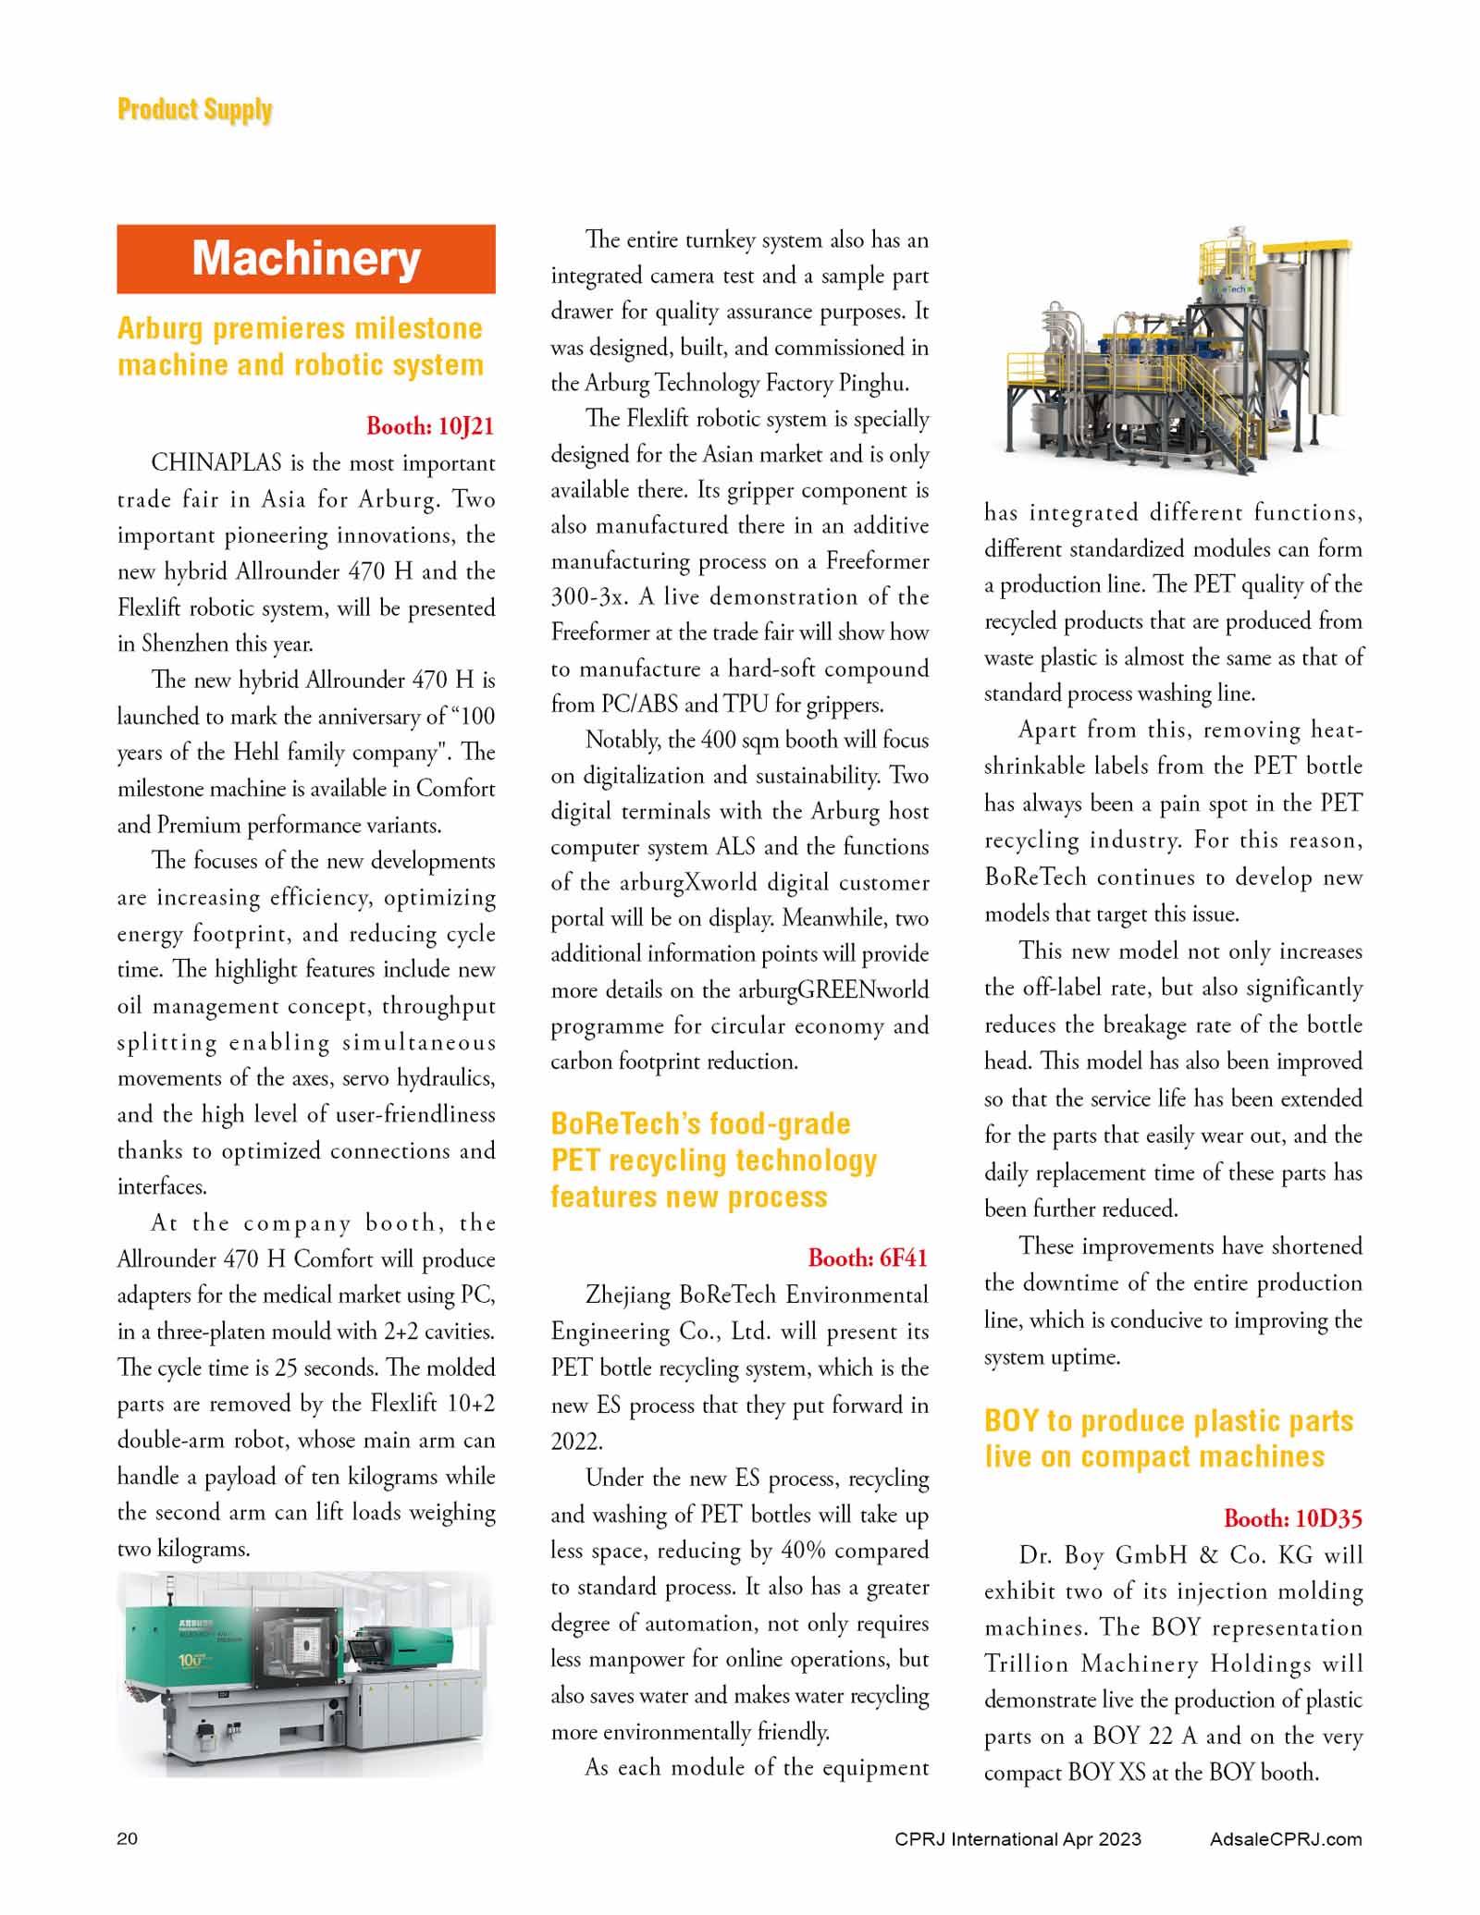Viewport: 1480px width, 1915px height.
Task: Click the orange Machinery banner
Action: point(305,259)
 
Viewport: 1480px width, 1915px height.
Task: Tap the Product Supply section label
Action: point(194,110)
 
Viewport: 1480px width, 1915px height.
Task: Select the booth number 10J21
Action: point(430,426)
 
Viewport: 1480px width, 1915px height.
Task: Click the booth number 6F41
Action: point(868,1258)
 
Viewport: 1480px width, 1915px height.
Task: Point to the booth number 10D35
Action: point(1292,1518)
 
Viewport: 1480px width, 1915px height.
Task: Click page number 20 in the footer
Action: point(127,1838)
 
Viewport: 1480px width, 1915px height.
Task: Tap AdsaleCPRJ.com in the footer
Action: point(1285,1838)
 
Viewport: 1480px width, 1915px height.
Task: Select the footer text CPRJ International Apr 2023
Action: point(1017,1838)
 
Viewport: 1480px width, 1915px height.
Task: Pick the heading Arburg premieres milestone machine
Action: point(300,346)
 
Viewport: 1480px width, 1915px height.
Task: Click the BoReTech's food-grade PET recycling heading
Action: point(713,1160)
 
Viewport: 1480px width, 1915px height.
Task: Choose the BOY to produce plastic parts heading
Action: point(1168,1438)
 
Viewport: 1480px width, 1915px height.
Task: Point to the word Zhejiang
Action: point(628,1295)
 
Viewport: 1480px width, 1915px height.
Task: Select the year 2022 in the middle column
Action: point(576,1442)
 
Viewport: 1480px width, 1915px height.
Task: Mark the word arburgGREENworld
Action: point(832,990)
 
